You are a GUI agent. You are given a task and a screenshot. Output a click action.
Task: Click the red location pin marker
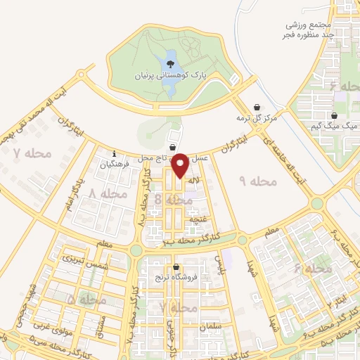179,164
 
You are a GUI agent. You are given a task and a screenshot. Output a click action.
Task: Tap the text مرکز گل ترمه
257,118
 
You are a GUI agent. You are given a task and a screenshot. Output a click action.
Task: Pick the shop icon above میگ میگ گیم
334,116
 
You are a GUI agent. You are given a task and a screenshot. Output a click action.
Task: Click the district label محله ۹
259,181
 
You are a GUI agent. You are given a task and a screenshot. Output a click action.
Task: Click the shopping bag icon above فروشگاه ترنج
175,266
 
